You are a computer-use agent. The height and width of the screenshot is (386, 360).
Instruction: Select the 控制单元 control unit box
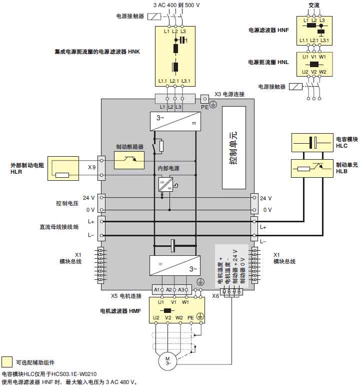coord(233,147)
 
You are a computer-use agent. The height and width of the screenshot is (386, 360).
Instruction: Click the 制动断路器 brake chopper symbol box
coord(129,160)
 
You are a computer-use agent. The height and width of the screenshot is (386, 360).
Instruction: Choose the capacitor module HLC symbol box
coord(312,143)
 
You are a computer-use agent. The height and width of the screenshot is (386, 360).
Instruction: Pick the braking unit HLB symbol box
coord(312,168)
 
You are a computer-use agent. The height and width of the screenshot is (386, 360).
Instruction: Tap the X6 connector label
coord(215,296)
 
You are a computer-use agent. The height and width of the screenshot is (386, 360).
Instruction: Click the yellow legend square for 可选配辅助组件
coord(7,362)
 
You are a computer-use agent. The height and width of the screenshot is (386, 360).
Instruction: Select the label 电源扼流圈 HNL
coord(269,62)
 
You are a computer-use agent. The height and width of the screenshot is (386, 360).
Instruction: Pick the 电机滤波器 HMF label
coord(120,311)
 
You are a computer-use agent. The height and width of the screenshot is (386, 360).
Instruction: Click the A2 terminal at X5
coord(169,290)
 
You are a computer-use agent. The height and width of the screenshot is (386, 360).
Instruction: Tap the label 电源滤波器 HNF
coord(269,30)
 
